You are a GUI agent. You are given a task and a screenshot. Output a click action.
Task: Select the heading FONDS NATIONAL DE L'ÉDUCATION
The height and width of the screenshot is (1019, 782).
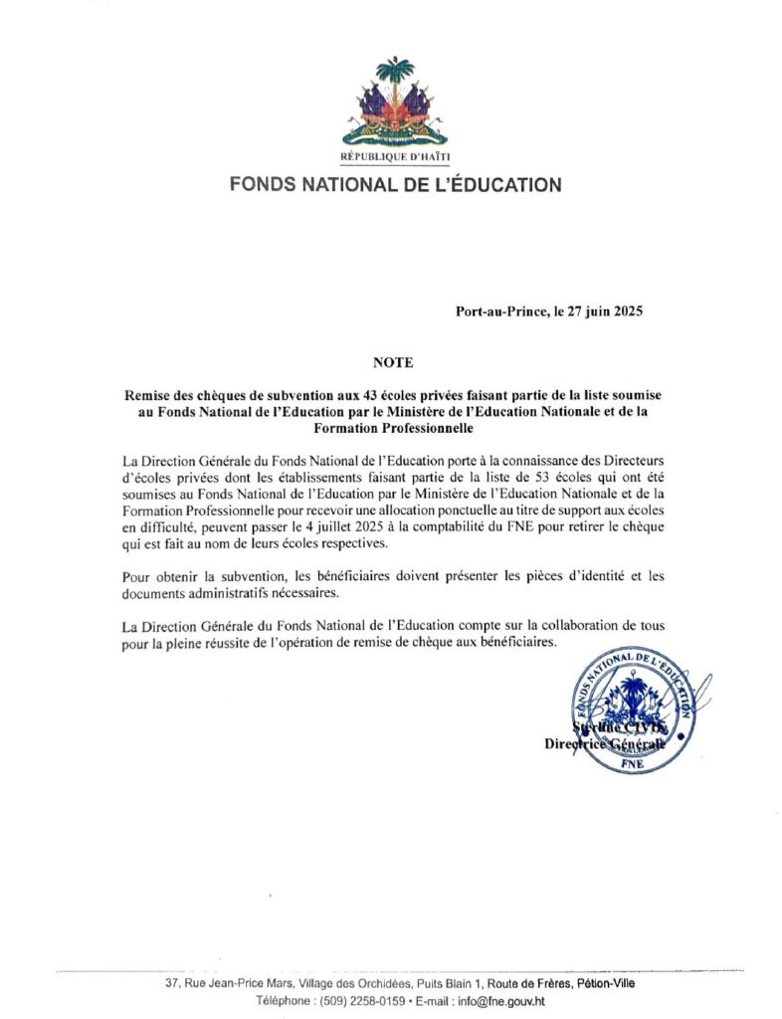coord(395,184)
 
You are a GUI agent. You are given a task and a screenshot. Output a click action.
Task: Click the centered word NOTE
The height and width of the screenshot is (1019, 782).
coord(390,363)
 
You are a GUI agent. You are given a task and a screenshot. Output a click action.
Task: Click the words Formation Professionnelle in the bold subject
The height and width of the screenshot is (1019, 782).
coord(390,430)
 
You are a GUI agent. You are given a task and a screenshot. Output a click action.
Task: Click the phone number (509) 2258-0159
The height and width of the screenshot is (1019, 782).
coord(347,999)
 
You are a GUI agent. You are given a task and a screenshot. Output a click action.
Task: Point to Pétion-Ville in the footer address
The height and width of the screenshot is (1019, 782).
coord(598,983)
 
